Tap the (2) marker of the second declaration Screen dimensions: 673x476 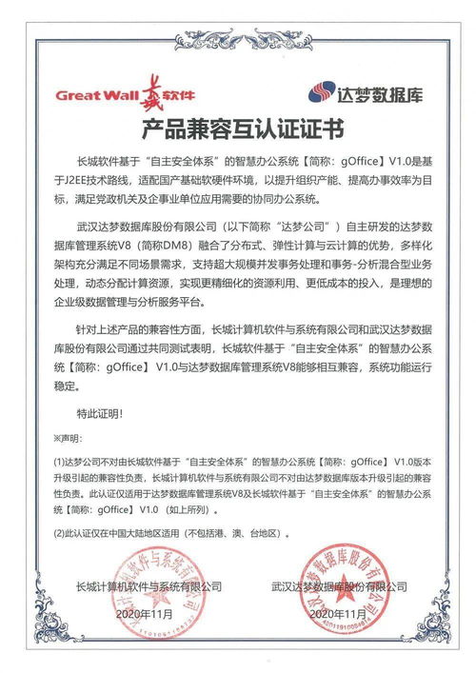59,534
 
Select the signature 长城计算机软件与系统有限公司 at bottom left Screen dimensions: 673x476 148,586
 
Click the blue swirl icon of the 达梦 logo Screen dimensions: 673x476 319,93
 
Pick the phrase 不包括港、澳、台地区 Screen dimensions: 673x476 225,534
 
